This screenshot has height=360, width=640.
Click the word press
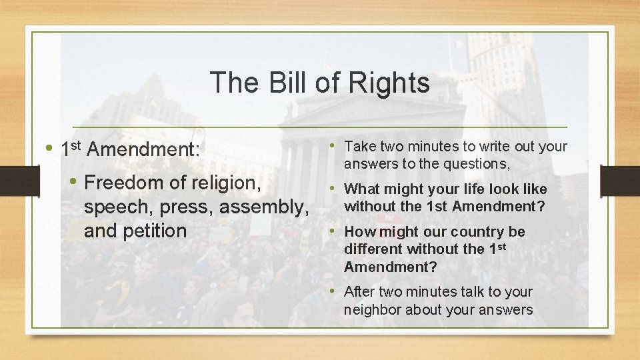(x=187, y=207)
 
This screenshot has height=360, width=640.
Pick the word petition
(x=155, y=231)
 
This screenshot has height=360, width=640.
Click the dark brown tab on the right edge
(x=620, y=180)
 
